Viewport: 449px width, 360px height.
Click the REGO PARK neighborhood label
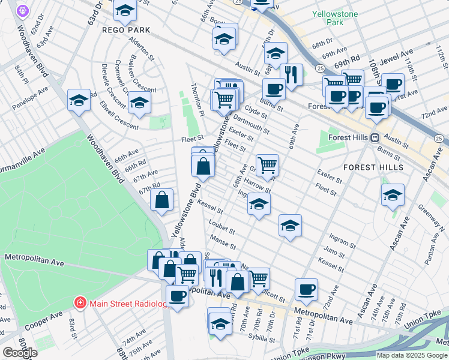[x=125, y=29]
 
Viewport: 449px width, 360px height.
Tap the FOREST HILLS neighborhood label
[x=373, y=166]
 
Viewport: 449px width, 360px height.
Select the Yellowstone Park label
[x=335, y=17]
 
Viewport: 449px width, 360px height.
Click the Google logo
[x=19, y=353]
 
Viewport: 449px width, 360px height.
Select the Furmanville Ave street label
[x=23, y=158]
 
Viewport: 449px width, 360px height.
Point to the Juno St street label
[x=334, y=251]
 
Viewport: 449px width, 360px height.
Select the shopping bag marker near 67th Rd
[x=162, y=201]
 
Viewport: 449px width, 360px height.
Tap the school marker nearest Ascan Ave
[x=393, y=195]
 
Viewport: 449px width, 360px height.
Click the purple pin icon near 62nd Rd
[x=23, y=10]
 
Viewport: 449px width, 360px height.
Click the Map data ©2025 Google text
[x=412, y=355]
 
